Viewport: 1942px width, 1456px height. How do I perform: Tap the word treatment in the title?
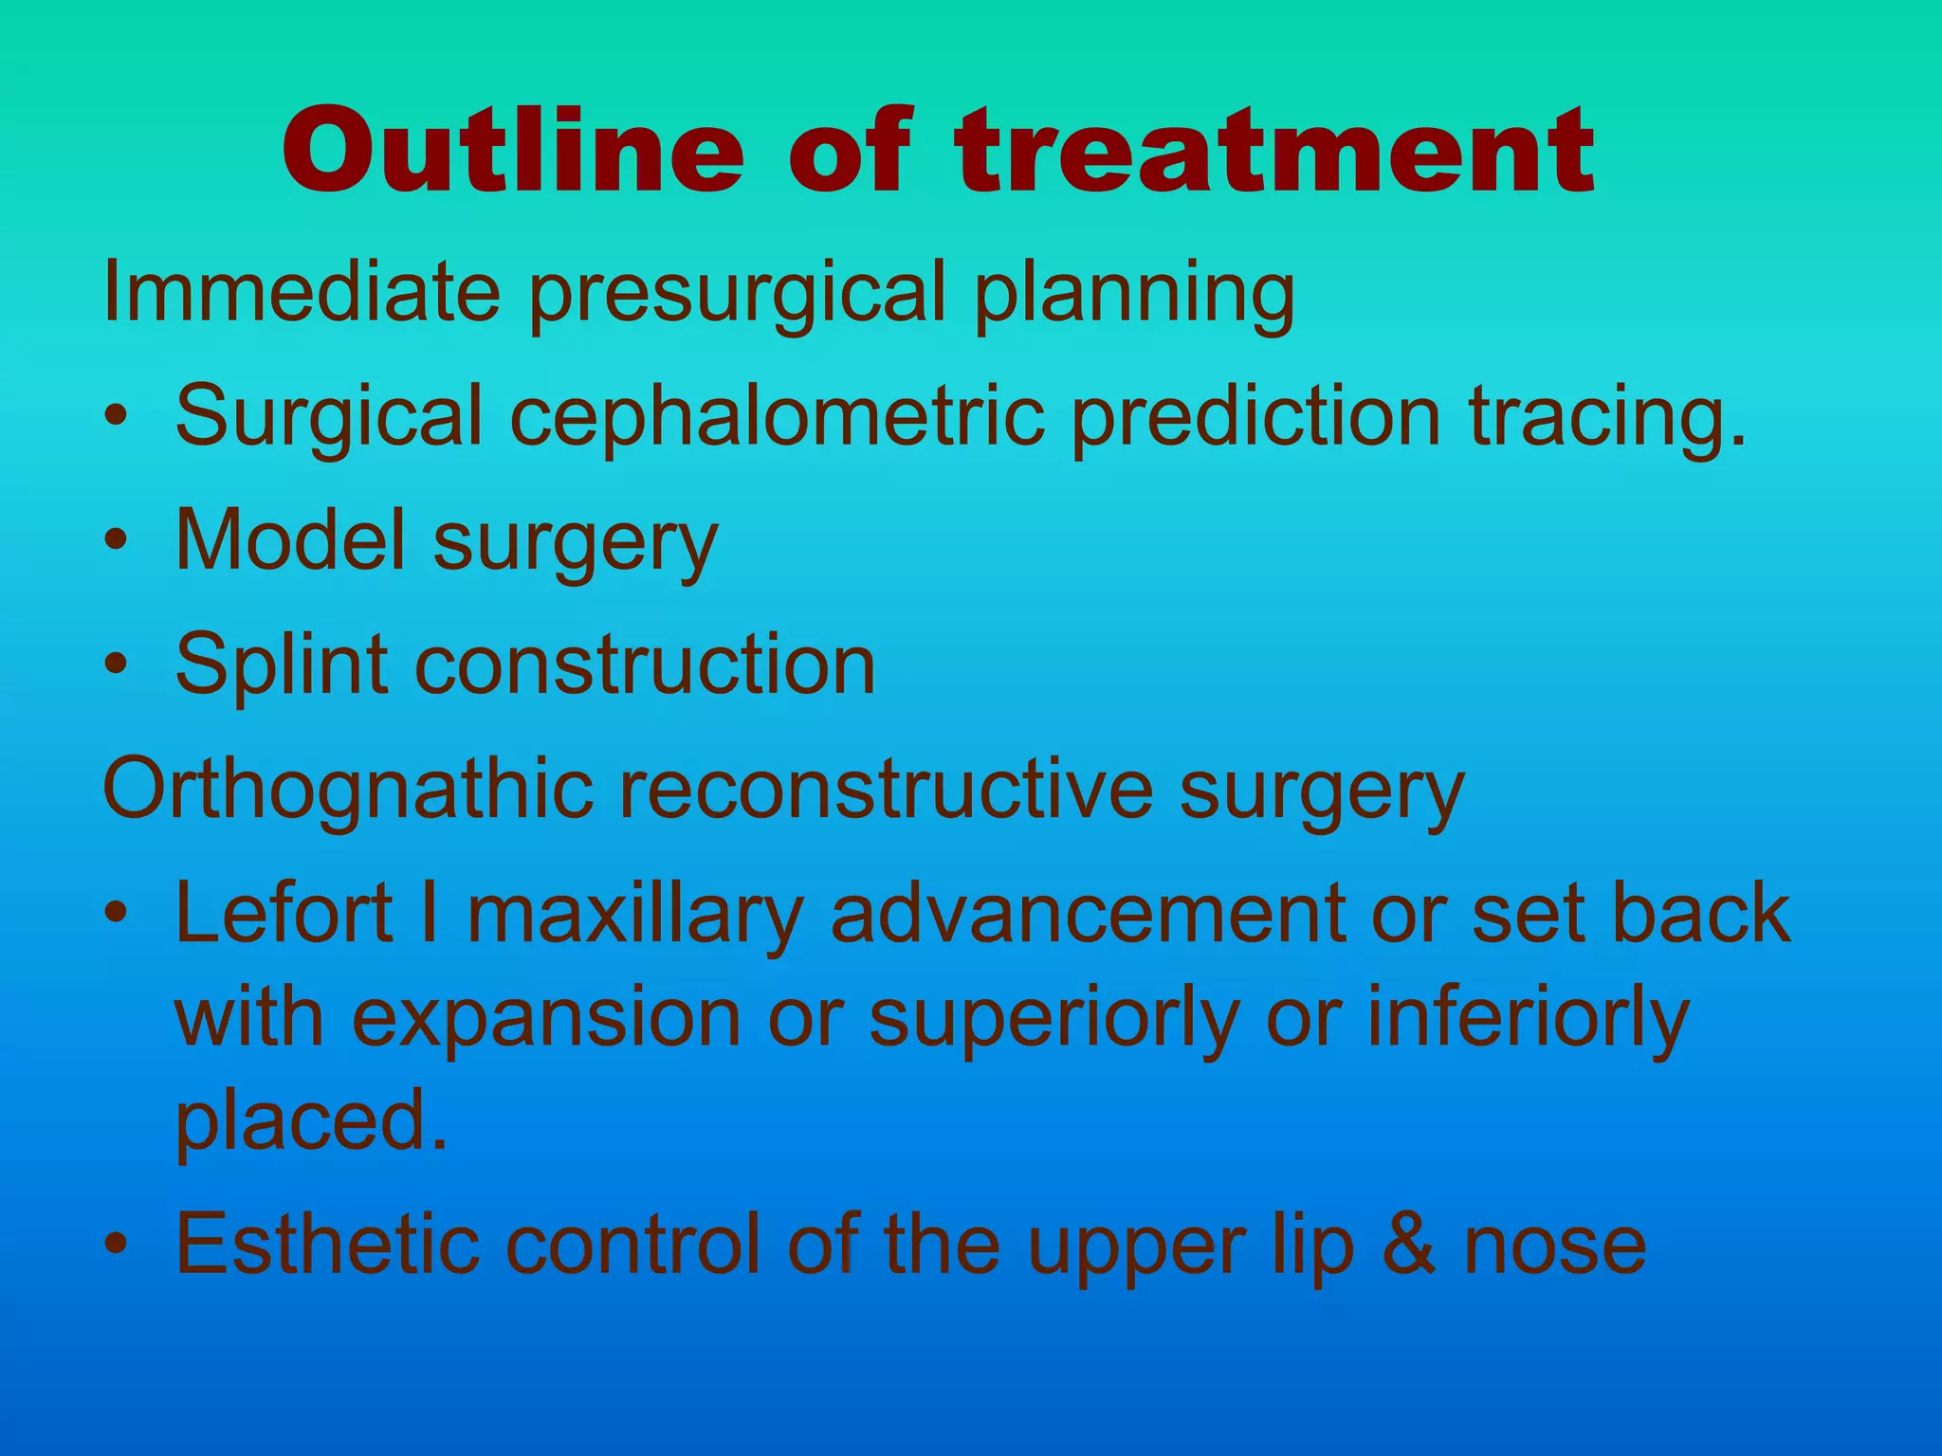click(x=1275, y=152)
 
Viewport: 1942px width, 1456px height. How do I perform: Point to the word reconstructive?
click(x=885, y=789)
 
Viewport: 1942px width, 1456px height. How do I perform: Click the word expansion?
click(x=546, y=1018)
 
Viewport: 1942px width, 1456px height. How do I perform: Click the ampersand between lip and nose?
click(x=1411, y=1244)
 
